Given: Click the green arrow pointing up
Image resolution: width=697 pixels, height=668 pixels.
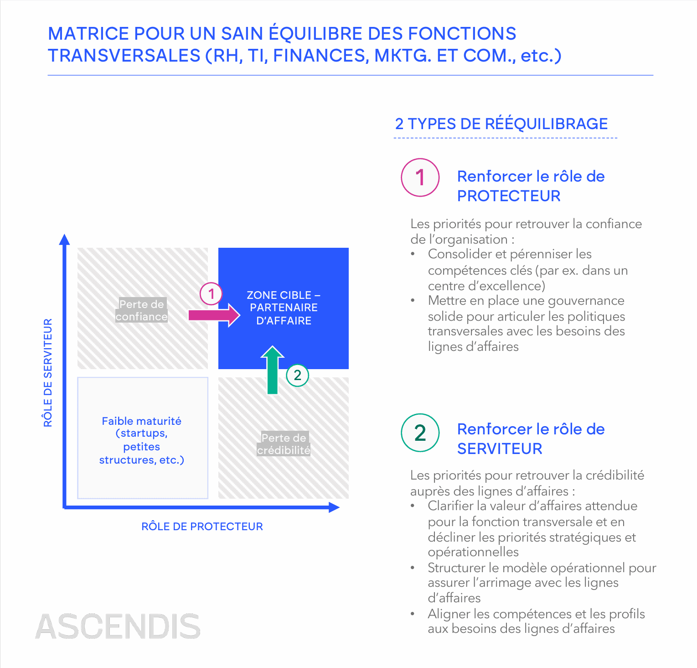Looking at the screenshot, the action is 273,370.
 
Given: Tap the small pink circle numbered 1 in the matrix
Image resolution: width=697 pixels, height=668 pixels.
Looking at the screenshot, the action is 211,294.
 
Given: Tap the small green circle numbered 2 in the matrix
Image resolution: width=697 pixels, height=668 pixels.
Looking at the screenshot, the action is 297,375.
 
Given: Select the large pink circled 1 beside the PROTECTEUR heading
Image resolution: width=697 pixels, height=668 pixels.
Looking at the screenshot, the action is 420,177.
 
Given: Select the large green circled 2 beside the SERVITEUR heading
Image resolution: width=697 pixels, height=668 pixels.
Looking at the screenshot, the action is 420,433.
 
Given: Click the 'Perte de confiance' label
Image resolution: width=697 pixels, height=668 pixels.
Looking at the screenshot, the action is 141,310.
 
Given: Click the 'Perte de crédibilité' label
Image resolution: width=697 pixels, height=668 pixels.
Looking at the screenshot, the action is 284,444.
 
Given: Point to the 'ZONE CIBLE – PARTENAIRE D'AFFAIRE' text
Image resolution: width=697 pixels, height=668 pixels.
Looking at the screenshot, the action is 284,308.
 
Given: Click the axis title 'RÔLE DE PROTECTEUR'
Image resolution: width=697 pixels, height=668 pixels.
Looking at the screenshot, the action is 202,527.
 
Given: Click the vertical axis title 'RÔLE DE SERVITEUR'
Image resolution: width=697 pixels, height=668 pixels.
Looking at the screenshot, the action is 48,372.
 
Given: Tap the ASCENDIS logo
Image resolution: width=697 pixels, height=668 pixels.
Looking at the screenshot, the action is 118,626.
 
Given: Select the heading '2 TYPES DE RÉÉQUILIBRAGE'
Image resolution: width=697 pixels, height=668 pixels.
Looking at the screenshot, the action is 501,124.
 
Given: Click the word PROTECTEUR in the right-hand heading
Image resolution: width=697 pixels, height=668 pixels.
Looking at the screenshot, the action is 509,196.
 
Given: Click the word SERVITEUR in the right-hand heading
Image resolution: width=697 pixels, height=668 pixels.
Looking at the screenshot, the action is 500,449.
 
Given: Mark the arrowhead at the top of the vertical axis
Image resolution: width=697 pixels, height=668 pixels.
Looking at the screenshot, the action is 65,240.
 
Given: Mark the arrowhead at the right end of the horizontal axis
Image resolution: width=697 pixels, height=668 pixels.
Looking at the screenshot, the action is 334,507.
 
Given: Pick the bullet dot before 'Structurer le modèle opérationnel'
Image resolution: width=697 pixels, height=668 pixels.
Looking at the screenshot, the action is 413,568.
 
